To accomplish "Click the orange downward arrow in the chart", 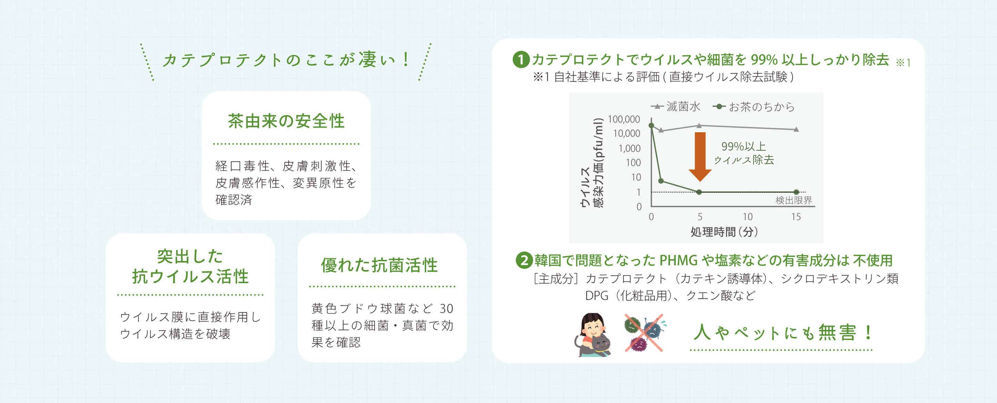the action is (700, 157).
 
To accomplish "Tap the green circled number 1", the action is (521, 60).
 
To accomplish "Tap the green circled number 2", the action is (524, 260).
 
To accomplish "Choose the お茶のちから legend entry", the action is (753, 106).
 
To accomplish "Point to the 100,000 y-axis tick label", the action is (624, 119).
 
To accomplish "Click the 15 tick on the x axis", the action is (796, 216).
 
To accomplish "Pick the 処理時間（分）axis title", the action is (724, 232).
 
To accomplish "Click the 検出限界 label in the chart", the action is (793, 200).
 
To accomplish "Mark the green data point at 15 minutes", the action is (796, 192).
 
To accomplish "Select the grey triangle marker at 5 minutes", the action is (699, 125).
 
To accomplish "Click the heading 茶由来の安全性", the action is (286, 121).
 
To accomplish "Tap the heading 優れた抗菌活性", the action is (379, 265).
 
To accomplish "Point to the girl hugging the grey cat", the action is (592, 335).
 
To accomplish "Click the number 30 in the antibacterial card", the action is (446, 308).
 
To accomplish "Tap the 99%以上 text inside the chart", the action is (743, 146).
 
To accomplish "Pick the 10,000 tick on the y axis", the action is (627, 134).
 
